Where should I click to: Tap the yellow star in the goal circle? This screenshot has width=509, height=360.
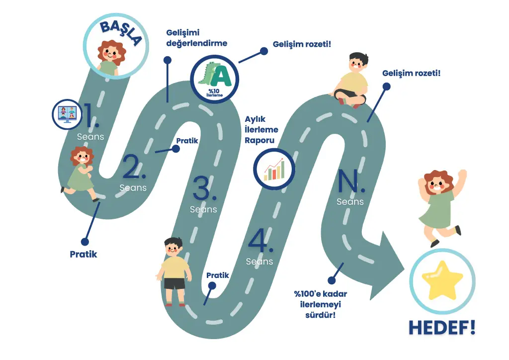click(x=442, y=280)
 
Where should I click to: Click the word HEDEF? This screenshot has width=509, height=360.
click(x=442, y=327)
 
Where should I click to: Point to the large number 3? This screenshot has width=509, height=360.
click(x=204, y=189)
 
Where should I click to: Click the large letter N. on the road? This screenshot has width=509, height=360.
click(x=351, y=181)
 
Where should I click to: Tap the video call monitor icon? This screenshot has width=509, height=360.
click(x=67, y=114)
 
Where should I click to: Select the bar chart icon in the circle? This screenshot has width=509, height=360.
click(x=274, y=169)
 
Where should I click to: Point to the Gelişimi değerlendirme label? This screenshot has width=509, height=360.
click(x=196, y=38)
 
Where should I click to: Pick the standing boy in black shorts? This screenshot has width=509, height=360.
click(x=173, y=270)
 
